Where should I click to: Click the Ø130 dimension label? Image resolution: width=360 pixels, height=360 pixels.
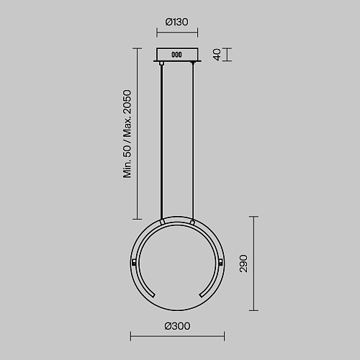[x=177, y=22]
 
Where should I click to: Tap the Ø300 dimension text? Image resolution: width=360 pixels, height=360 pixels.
[x=177, y=326]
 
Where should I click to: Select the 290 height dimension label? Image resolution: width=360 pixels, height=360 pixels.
[x=243, y=264]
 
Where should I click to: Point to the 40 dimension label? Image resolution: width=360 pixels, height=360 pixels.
[x=217, y=55]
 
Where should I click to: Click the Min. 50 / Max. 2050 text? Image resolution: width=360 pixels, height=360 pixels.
[x=127, y=134]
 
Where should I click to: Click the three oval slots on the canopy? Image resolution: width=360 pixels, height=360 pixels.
[x=176, y=55]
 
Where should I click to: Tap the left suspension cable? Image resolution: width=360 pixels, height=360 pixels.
[x=161, y=142]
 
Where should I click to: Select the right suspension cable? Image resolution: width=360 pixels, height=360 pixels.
[x=193, y=142]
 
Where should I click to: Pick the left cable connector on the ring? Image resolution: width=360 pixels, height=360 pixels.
[x=162, y=222]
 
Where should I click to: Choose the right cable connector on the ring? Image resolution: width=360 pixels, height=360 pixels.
[x=192, y=222]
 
